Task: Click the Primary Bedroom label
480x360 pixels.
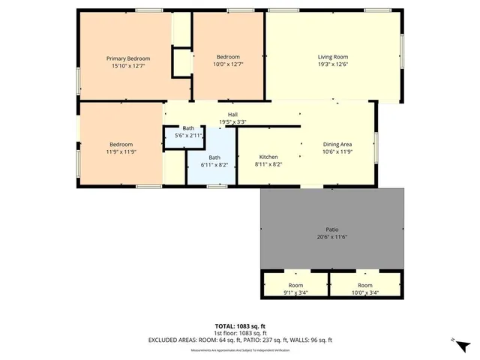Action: [x=127, y=58]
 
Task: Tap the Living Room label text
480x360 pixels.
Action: [x=333, y=57]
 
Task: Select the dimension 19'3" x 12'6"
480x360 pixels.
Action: [x=333, y=64]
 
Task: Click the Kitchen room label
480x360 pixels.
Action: [x=268, y=157]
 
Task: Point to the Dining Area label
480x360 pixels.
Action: [x=337, y=144]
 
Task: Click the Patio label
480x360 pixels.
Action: [x=331, y=229]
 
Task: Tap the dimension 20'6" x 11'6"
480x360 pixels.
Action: [x=331, y=237]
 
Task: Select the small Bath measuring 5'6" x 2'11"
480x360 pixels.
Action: [x=188, y=132]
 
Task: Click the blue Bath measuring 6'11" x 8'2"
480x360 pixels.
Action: [x=214, y=160]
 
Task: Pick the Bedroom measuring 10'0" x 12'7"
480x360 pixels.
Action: [x=228, y=61]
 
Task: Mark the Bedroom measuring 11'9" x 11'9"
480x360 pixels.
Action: [x=121, y=148]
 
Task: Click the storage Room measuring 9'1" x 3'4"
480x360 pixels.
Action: [x=295, y=289]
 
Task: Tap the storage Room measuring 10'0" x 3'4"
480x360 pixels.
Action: [x=364, y=289]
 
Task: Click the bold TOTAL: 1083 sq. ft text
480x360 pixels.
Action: [x=239, y=326]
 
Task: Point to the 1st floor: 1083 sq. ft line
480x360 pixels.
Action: [x=239, y=332]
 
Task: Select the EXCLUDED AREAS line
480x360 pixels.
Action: [x=239, y=339]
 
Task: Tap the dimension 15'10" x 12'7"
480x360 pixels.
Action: [x=127, y=66]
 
